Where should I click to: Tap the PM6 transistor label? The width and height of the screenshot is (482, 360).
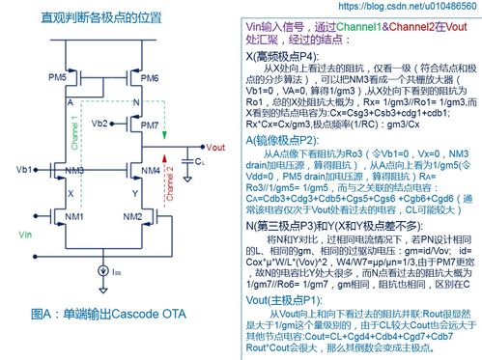click(x=150, y=77)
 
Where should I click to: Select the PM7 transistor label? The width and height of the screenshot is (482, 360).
click(x=150, y=125)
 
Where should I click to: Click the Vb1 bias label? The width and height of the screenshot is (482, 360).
click(x=24, y=170)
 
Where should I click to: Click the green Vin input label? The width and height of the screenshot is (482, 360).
click(x=25, y=234)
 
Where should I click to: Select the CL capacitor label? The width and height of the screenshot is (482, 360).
click(x=200, y=164)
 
